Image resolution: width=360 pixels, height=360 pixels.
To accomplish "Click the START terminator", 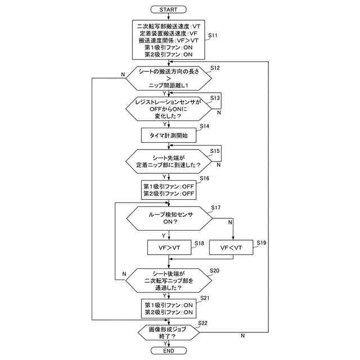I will [x=168, y=10].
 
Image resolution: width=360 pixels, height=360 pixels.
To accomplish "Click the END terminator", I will [x=168, y=350].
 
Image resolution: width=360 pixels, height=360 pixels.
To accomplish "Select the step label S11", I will [x=213, y=35].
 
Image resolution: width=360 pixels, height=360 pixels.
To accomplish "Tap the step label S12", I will [x=215, y=68].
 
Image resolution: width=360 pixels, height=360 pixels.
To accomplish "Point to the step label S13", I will [x=214, y=98].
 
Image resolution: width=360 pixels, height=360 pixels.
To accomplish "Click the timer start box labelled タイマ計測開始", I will [x=168, y=135].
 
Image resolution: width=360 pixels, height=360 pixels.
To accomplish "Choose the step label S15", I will [x=214, y=151].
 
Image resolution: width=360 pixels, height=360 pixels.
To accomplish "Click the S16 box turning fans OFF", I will [x=168, y=190].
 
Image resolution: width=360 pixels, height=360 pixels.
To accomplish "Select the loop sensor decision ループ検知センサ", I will [x=170, y=218].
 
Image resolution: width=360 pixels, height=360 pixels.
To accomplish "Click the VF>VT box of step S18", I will [x=168, y=247].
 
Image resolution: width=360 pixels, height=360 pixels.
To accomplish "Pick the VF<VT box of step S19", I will [x=231, y=247].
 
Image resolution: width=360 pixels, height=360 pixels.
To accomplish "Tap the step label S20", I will [x=214, y=271].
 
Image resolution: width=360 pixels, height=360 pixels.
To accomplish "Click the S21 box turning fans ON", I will [x=168, y=308].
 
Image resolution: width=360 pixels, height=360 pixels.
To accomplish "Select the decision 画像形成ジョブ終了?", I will [x=168, y=332].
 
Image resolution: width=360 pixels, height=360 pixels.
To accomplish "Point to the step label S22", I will [x=202, y=322].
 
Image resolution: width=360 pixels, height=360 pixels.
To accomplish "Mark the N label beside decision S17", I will [x=231, y=222].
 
